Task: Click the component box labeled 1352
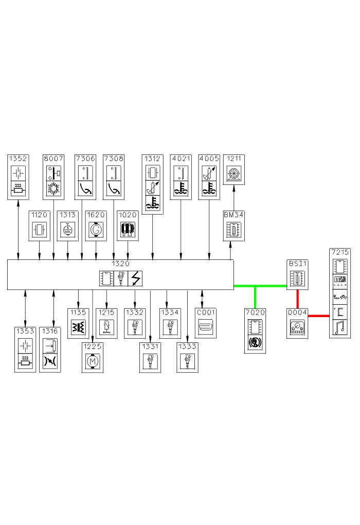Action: point(19,177)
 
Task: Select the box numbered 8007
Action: point(53,177)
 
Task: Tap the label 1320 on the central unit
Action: point(120,263)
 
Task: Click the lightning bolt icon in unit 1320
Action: point(135,278)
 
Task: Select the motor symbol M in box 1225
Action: point(92,362)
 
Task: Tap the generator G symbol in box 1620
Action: point(96,229)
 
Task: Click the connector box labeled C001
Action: point(206,323)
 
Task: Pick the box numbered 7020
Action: point(256,330)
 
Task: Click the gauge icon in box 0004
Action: point(297,327)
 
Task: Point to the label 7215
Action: point(339,252)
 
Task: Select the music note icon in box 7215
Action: point(339,328)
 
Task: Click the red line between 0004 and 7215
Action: point(319,316)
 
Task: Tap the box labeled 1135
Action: point(78,323)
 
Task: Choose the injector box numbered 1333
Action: point(187,357)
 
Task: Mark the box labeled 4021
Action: point(181,177)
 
